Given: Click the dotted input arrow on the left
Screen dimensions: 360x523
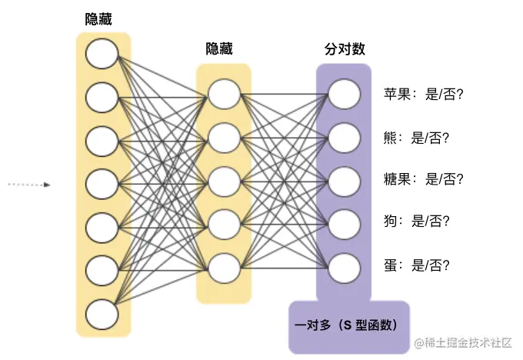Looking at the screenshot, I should (29, 185).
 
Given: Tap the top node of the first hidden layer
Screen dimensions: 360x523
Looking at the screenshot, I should (102, 54).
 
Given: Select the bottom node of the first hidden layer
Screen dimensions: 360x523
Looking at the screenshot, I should (102, 315).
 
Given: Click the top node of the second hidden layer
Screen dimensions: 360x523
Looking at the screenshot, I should (223, 94).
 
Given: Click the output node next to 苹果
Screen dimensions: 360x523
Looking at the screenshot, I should (343, 94).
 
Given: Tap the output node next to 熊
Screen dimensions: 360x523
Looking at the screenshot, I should (343, 138).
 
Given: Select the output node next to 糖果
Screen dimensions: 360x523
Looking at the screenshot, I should (343, 180).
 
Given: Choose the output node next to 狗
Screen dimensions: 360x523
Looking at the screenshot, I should (343, 223).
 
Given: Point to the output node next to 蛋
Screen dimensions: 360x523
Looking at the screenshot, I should (343, 267).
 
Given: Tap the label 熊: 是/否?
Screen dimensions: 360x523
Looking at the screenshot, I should (415, 138).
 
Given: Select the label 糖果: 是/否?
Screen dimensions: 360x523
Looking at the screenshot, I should (424, 180).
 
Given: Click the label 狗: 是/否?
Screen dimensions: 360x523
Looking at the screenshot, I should (415, 222).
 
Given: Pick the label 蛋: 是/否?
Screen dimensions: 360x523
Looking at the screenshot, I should (415, 266).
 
